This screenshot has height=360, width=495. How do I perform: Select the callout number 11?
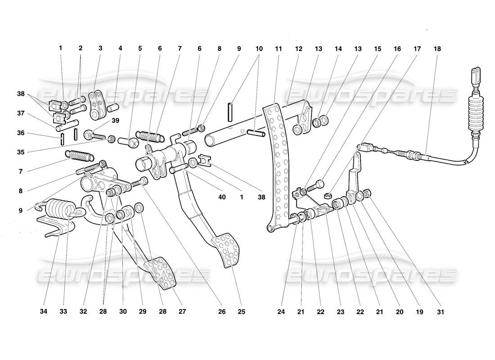(278, 48)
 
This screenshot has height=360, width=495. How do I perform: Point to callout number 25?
(241, 311)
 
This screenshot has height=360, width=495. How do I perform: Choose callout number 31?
(436, 311)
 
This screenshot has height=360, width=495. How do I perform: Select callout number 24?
(282, 311)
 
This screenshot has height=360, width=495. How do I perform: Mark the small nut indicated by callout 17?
(328, 196)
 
